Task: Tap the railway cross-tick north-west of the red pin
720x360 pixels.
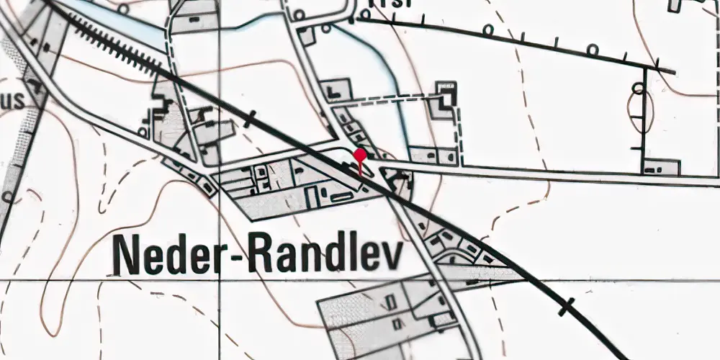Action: tap(250, 118)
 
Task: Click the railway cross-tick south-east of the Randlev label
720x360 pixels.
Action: tap(567, 307)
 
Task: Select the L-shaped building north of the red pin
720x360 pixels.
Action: tap(336, 90)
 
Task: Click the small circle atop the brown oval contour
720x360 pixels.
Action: tap(637, 88)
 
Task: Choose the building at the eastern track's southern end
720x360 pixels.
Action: tap(662, 167)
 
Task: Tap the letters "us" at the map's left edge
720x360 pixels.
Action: tap(12, 102)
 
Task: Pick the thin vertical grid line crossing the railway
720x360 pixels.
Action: tap(219, 72)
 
